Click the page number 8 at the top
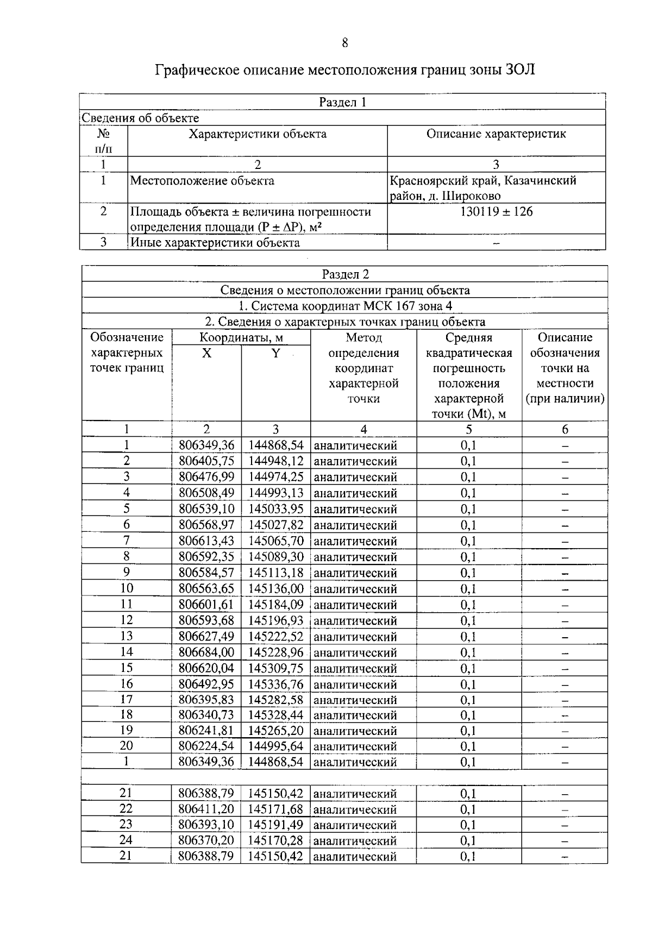pos(345,43)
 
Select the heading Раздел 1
pos(342,102)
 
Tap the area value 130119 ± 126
pos(496,211)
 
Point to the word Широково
pos(472,196)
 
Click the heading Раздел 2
pos(345,274)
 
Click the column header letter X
pos(206,353)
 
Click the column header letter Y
pos(275,353)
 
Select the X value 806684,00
pos(206,652)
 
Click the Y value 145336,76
pos(275,684)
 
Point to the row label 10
pos(126,588)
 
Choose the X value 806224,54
pos(206,746)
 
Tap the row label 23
pos(126,825)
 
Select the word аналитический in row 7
pos(355,541)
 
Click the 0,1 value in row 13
pos(468,637)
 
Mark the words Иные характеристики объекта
pos(215,242)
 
